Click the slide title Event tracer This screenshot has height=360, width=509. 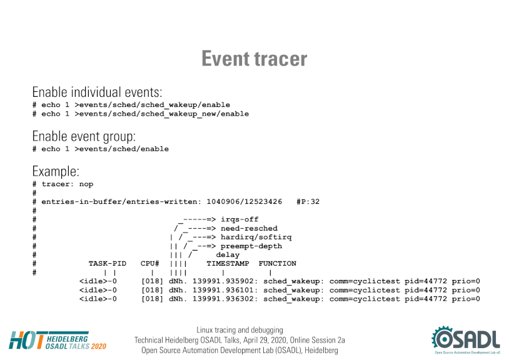(254, 59)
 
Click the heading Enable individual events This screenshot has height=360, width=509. (97, 92)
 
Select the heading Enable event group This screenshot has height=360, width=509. (84, 136)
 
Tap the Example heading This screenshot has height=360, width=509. (56, 171)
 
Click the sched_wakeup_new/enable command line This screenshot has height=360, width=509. (141, 114)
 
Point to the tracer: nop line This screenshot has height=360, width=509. (63, 184)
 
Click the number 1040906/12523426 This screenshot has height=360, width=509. (244, 202)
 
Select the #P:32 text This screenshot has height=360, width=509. (308, 202)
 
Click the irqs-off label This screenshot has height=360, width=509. (239, 219)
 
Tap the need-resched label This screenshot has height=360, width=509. (249, 228)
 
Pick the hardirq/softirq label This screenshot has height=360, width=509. (256, 237)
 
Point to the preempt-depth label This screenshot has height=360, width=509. (251, 246)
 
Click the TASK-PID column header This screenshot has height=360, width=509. (108, 264)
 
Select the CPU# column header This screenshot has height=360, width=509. (149, 264)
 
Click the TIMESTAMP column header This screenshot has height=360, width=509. (228, 264)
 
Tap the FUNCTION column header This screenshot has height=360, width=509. (278, 264)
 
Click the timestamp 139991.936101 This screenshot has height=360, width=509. (223, 290)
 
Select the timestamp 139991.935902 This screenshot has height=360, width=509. (223, 281)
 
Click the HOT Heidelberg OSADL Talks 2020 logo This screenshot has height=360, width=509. (58, 341)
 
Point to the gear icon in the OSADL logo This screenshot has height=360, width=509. (443, 338)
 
